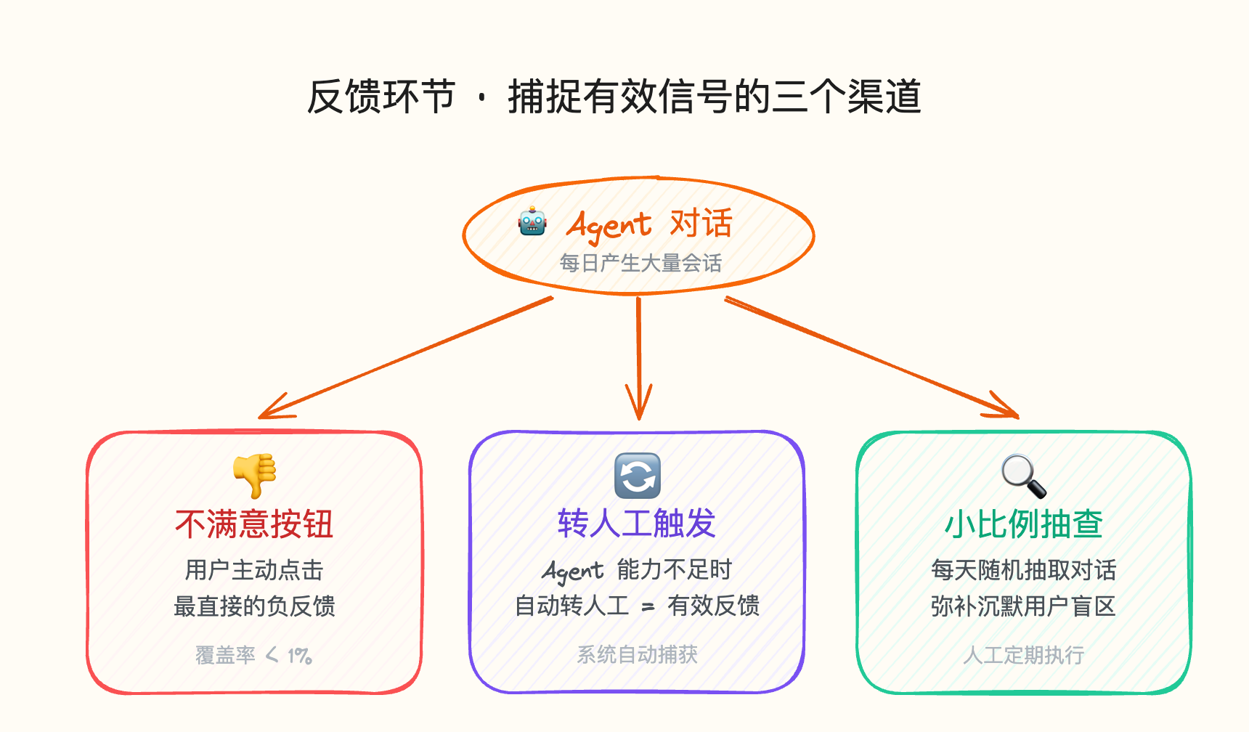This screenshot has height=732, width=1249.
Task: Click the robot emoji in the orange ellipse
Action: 532,221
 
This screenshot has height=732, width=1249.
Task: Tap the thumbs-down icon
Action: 255,476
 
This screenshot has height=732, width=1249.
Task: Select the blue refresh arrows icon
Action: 637,476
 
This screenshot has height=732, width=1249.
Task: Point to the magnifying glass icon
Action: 1023,476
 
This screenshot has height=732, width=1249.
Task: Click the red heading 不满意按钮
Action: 254,524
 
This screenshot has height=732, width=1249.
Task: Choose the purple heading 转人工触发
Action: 637,523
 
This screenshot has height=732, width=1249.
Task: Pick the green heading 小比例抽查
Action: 1023,524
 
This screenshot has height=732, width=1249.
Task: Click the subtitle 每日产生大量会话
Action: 640,263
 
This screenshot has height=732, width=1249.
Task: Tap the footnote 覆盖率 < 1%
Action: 253,655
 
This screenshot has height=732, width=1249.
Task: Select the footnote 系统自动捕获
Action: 637,655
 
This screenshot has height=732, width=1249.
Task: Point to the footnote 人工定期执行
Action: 1023,655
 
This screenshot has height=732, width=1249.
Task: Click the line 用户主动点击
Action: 254,570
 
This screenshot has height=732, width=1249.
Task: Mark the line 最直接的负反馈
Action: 254,606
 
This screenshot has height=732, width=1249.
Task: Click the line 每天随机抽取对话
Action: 1023,570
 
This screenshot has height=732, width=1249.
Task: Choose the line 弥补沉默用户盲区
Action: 1023,606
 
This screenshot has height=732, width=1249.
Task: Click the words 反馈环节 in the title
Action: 381,97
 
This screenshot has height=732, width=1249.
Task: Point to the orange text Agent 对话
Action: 649,224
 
